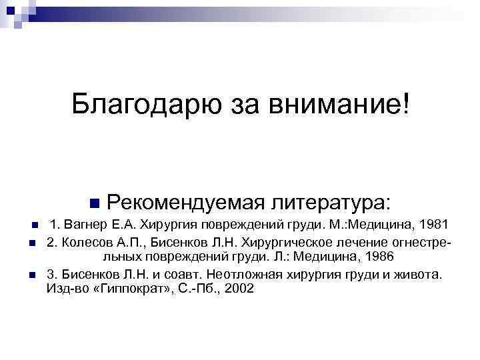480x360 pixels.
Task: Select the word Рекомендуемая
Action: coord(181,201)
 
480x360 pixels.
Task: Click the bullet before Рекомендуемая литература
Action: coord(93,202)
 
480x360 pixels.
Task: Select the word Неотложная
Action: coord(239,273)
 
